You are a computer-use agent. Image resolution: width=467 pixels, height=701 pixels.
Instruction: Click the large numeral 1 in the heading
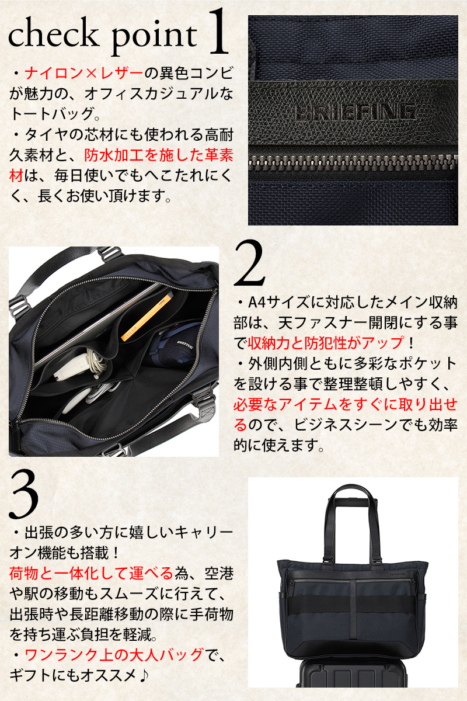pos(218,32)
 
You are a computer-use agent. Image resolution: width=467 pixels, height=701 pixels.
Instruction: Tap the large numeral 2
pos(249,263)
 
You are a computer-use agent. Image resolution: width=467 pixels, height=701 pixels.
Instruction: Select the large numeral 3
pos(24,494)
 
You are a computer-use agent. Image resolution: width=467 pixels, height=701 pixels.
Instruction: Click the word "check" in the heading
pos(53,35)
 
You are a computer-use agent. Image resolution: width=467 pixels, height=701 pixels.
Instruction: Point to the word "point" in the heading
pos(154,38)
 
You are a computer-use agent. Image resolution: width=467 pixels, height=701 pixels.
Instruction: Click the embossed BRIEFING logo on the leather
pos(355,112)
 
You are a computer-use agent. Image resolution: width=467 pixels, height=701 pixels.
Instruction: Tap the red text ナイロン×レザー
pos(84,74)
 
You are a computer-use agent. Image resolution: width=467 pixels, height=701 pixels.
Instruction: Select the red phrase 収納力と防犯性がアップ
pos(325,343)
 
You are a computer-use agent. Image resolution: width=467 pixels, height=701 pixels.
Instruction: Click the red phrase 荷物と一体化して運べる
pos(91,573)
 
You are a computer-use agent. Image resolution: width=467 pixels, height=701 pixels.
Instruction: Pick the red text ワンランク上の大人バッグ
pos(114,654)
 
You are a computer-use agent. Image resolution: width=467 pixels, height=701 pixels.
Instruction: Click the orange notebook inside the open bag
pos(147,317)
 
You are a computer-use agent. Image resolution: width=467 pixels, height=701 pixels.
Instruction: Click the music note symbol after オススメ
pos(143,675)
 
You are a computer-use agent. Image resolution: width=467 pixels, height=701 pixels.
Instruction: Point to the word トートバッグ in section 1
pos(51,114)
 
